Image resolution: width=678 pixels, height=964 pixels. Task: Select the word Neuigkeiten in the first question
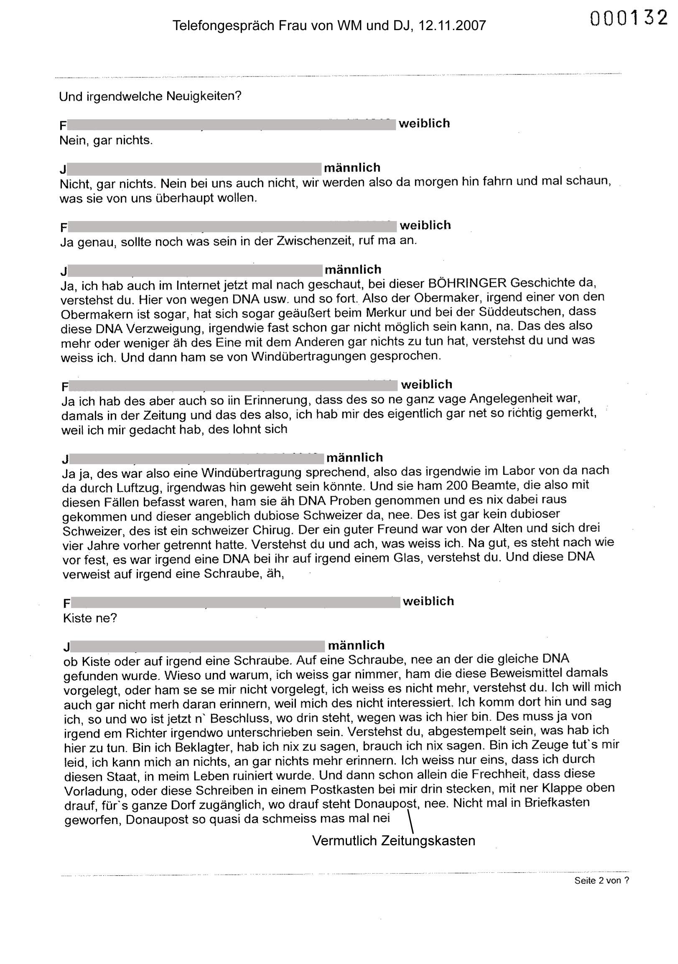coord(204,96)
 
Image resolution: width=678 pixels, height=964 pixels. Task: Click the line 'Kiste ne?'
coord(89,618)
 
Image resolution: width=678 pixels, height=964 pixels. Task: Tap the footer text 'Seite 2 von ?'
coord(602,880)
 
